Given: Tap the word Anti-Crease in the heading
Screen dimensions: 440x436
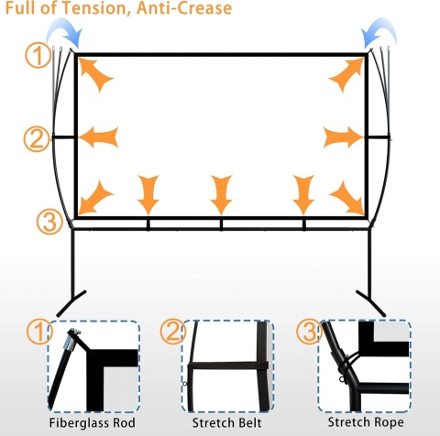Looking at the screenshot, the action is [184, 7].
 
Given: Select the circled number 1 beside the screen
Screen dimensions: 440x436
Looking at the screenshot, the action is [38, 56].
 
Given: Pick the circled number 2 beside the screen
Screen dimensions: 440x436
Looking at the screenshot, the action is [37, 139].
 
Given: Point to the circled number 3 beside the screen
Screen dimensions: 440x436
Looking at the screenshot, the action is [49, 222].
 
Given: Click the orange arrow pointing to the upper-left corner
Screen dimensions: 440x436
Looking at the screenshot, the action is [94, 73].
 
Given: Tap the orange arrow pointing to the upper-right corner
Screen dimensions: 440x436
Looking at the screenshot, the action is [347, 74].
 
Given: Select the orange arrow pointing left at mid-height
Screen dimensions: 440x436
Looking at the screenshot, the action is [98, 137].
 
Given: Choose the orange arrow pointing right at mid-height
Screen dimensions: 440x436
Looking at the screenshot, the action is [343, 137].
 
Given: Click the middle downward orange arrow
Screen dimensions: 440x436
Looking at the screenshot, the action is [221, 195].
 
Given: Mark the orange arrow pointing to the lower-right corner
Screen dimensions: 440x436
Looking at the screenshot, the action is [347, 199].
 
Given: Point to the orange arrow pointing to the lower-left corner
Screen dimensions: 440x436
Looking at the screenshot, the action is [95, 199].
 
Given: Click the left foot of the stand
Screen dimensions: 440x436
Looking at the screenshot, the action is [71, 303].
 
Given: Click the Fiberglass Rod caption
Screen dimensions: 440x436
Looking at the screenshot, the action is [93, 423].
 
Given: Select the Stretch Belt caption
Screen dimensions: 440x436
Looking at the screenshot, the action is [226, 423].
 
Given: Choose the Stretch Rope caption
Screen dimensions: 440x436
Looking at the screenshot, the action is [366, 422].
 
